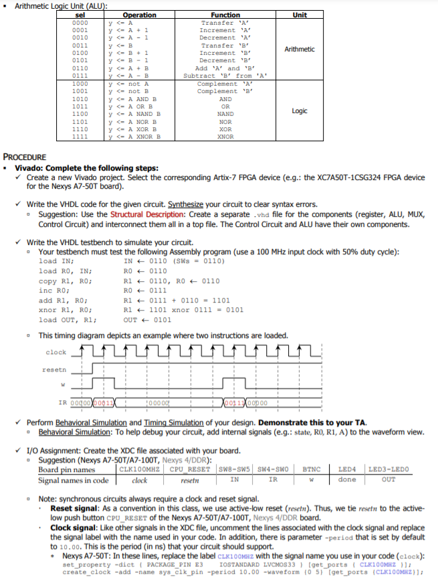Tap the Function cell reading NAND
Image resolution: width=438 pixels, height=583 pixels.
(225, 114)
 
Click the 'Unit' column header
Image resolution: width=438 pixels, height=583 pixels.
(300, 15)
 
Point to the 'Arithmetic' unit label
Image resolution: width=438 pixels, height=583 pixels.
(300, 50)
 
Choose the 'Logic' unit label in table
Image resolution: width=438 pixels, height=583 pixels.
(300, 110)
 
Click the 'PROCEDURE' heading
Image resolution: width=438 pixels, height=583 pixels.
(25, 155)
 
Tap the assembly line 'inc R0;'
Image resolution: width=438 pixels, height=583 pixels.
(53, 291)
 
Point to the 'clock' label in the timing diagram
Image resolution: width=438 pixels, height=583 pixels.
(56, 352)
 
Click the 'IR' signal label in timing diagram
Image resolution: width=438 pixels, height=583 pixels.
(63, 402)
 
